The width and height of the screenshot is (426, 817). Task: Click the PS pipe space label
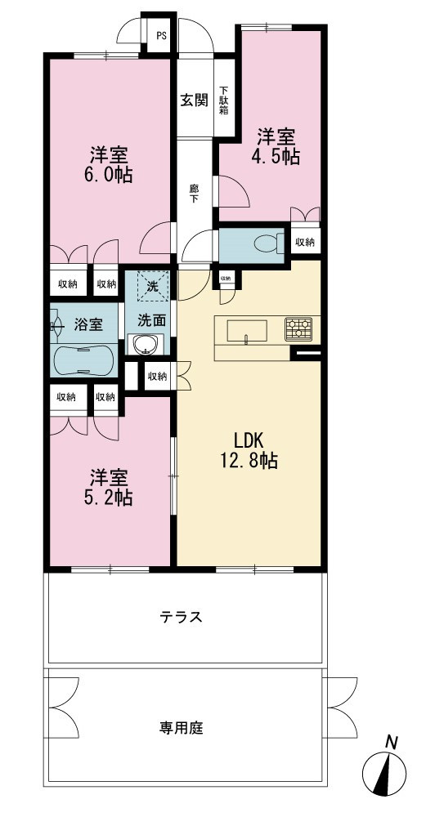pos(162,36)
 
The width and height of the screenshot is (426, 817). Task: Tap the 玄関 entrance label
pos(194,100)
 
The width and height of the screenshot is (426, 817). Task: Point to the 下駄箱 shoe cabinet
pos(224,100)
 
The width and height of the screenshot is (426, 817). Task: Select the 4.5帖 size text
pos(276,157)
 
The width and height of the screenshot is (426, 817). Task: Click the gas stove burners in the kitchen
pos(298,328)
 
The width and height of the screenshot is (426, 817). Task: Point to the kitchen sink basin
pos(247,331)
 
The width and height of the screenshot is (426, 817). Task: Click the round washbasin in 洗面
pos(145,345)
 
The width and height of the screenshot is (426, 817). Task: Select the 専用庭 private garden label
pos(181,727)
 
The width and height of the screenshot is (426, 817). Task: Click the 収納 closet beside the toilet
pos(305,242)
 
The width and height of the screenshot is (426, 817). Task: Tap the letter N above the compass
pos(389,742)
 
